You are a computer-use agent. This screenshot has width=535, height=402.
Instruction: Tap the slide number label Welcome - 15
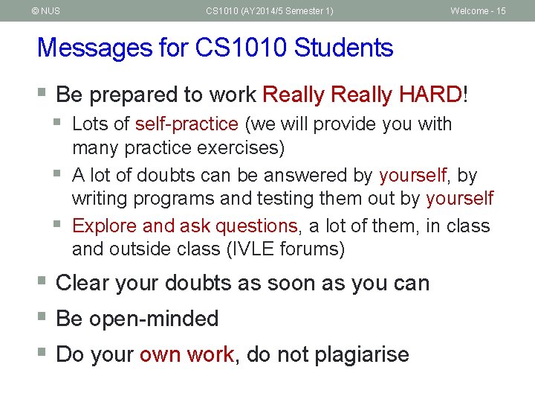click(x=478, y=11)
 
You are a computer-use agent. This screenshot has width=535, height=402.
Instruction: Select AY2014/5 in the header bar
click(x=268, y=11)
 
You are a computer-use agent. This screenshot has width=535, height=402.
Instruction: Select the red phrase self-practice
click(x=187, y=124)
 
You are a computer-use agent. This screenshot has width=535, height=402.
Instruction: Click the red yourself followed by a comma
click(x=413, y=176)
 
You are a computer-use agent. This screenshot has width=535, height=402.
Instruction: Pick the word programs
click(x=169, y=199)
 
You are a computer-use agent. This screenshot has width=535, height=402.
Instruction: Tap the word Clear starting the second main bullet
click(x=84, y=284)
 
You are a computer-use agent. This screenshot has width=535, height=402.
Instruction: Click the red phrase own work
click(x=187, y=354)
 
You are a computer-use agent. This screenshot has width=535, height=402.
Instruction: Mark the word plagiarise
click(x=362, y=355)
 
